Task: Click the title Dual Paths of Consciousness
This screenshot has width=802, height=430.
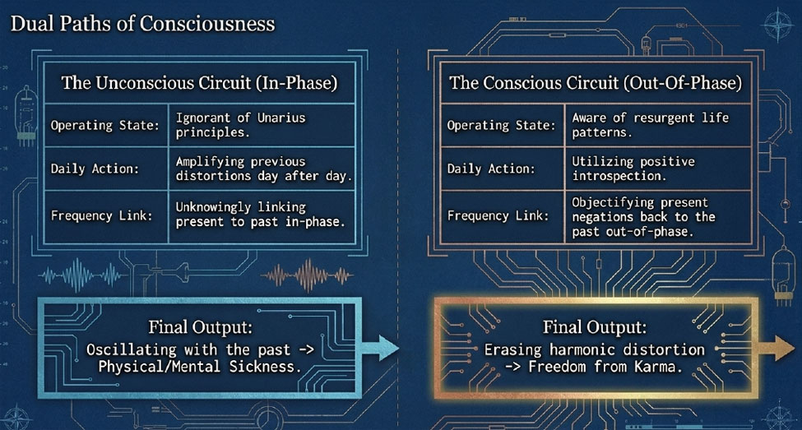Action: [x=142, y=24]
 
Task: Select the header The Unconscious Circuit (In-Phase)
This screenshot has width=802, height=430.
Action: [x=200, y=83]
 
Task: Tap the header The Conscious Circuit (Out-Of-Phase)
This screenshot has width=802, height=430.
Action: [x=596, y=83]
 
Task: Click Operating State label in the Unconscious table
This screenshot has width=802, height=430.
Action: [x=104, y=125]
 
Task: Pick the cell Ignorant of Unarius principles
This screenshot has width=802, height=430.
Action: [x=240, y=125]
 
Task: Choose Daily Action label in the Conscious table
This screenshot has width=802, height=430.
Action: [x=491, y=169]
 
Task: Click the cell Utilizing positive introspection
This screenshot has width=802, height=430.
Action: [x=633, y=169]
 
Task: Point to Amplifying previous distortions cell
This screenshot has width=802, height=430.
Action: [x=264, y=169]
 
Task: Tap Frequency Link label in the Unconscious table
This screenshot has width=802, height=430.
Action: [x=101, y=215]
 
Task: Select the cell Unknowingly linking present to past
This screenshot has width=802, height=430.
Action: [x=261, y=215]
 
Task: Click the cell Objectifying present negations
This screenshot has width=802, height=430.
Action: [x=643, y=217]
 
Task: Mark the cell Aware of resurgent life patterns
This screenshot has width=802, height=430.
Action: [x=650, y=125]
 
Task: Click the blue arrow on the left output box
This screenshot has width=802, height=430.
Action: [x=380, y=348]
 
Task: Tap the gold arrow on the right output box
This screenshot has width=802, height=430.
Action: [x=777, y=348]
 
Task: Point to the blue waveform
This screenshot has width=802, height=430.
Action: [x=81, y=275]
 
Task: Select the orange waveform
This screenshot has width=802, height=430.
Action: [x=308, y=275]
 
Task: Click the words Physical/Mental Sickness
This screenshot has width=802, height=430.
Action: [x=200, y=367]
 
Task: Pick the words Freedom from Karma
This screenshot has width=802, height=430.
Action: [x=605, y=367]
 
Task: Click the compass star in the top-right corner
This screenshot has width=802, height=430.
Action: [x=777, y=25]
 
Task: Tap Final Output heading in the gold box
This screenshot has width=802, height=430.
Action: [x=595, y=326]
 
